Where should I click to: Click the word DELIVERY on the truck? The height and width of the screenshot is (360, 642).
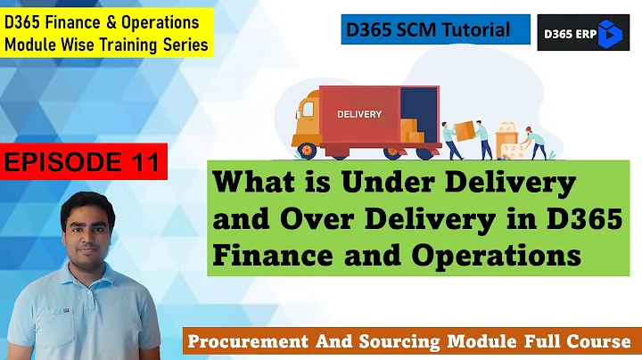pyautogui.click(x=359, y=114)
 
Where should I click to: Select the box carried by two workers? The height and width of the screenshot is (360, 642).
pyautogui.click(x=465, y=128)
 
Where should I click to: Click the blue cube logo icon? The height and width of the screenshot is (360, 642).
pyautogui.click(x=608, y=34)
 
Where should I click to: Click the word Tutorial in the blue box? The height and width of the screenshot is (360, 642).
pyautogui.click(x=478, y=30)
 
